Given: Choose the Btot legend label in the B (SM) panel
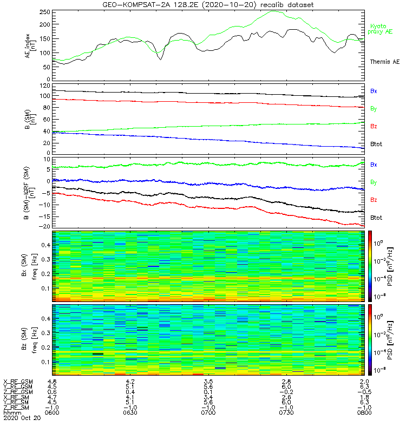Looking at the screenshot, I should (x=377, y=145).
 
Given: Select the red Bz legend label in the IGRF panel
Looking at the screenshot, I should (x=374, y=200).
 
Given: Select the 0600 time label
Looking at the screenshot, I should (x=53, y=413).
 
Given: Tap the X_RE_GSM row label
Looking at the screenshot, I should (x=17, y=382).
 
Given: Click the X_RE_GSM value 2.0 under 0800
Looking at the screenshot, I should (x=364, y=382).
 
